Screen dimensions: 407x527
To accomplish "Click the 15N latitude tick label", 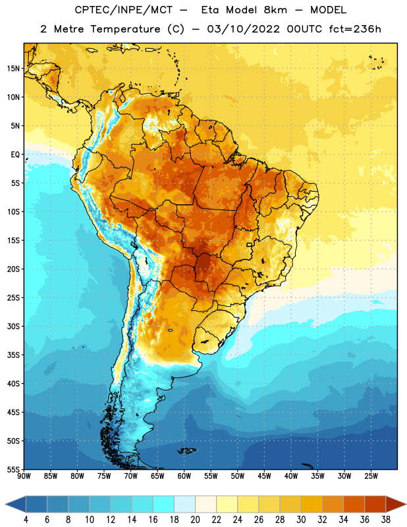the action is (13, 69).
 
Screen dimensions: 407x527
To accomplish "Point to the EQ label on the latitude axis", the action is (15, 155).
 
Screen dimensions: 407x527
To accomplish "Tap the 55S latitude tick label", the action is (13, 470).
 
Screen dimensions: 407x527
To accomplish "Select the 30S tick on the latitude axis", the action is (13, 326).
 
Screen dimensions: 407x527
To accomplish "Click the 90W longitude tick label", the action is (24, 476).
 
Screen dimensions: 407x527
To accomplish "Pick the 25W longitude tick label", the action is (371, 476).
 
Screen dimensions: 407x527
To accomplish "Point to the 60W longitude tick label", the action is (184, 476).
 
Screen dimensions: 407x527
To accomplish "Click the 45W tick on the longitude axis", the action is (264, 476).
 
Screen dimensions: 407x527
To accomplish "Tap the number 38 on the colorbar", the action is (386, 520).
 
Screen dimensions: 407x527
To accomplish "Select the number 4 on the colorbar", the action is (26, 520).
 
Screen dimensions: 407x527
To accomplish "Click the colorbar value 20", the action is (195, 520).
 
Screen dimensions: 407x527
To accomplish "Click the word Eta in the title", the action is (210, 10).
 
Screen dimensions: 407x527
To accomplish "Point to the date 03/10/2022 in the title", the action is (243, 29).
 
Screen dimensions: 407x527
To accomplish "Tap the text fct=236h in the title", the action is (355, 29).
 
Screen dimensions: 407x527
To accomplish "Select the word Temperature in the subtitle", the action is (125, 30).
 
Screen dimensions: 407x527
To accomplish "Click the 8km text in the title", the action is (275, 10).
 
